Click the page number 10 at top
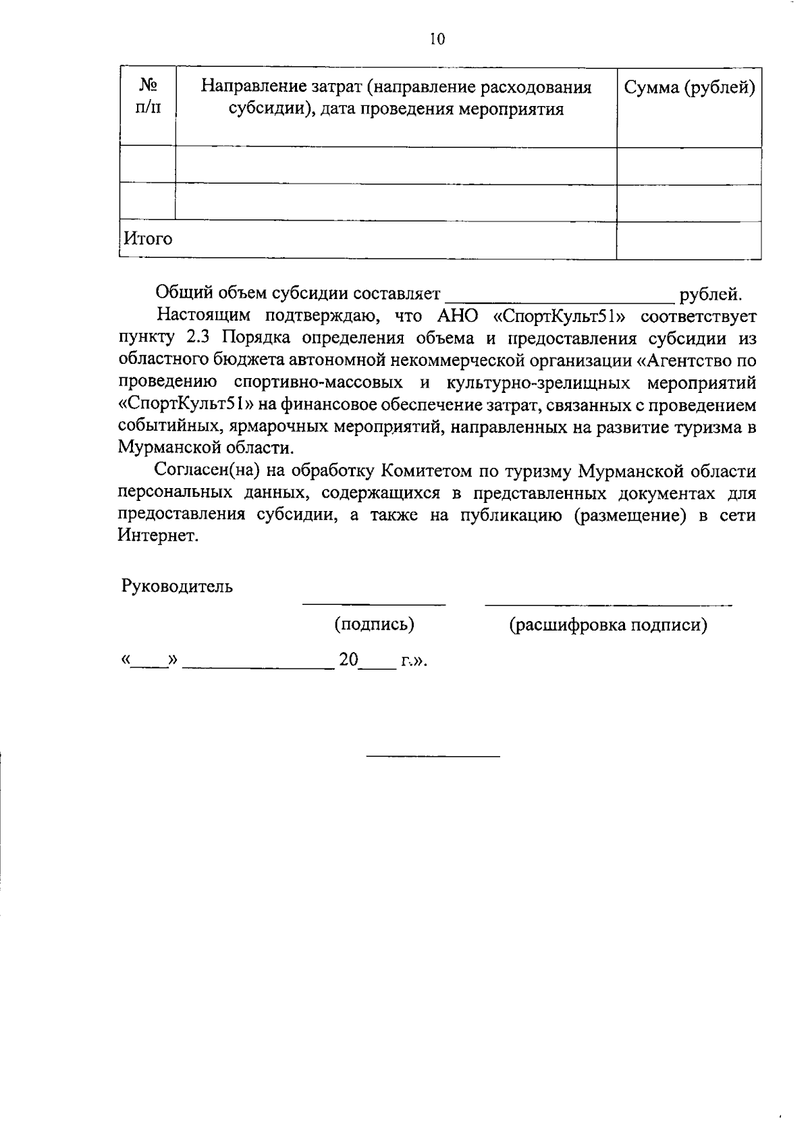437,39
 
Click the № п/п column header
148,97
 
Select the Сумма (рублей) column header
689,88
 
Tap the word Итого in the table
148,239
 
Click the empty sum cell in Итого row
689,240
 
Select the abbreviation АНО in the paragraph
449,316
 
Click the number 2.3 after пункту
198,338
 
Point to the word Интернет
158,536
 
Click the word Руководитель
177,587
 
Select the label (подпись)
374,625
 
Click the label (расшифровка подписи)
607,625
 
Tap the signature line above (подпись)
374,604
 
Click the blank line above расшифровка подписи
607,604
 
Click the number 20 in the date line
348,660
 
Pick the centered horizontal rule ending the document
433,755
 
